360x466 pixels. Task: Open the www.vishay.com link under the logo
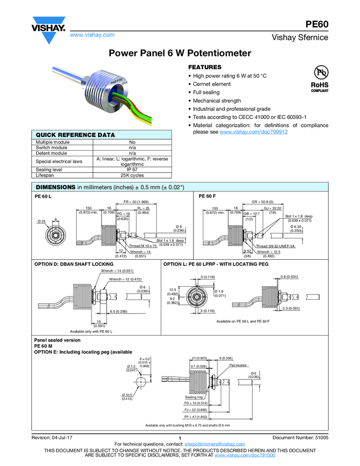(x=92, y=35)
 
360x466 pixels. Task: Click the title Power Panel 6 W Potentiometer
(x=180, y=53)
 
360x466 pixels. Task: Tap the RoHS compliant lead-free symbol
(x=319, y=79)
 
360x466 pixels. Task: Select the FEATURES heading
(x=206, y=67)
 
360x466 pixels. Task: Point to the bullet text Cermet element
(x=212, y=84)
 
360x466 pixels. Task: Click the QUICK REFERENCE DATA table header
(x=75, y=135)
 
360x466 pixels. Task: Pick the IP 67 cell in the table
(x=132, y=170)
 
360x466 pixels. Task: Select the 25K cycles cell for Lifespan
(x=132, y=175)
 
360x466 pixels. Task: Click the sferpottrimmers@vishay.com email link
(x=214, y=444)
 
